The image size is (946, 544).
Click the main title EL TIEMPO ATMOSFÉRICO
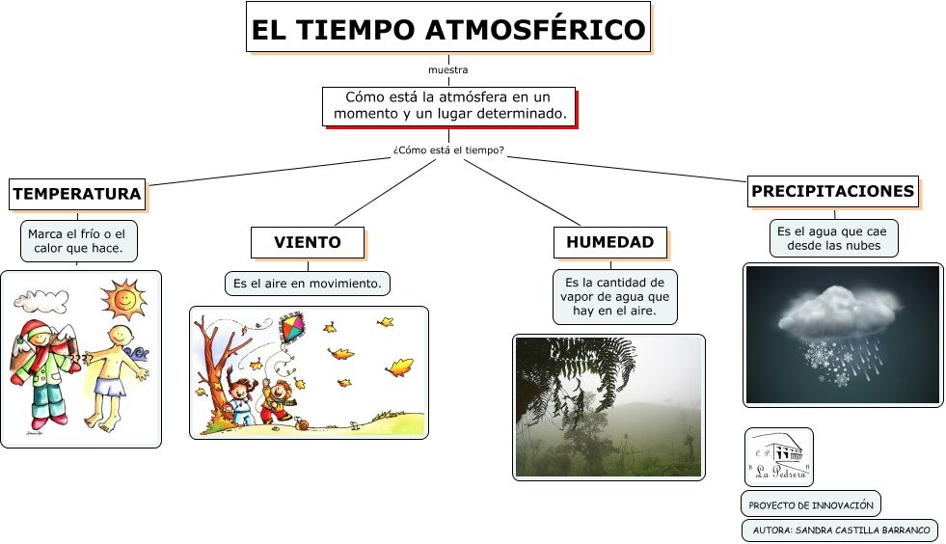448,27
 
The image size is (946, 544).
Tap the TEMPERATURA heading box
77,194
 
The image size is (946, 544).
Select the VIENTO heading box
308,242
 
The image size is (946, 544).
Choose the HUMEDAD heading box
610,242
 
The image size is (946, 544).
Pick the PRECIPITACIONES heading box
832,191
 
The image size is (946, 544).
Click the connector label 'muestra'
448,70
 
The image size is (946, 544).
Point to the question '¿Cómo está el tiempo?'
448,150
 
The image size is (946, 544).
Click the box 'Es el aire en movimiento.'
308,284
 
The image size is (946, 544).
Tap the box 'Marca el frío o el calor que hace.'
78,241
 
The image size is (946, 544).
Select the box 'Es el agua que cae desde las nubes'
833,238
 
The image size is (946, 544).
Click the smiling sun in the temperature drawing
123,298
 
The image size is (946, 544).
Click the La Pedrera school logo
779,457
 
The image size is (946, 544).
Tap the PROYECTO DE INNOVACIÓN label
811,504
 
